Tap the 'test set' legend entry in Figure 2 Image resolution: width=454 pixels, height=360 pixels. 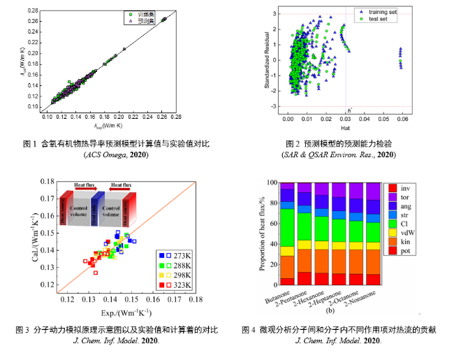pos(376,20)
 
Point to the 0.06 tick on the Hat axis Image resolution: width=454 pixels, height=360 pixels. pos(400,119)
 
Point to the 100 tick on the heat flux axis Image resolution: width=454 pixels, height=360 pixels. pos(271,182)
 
